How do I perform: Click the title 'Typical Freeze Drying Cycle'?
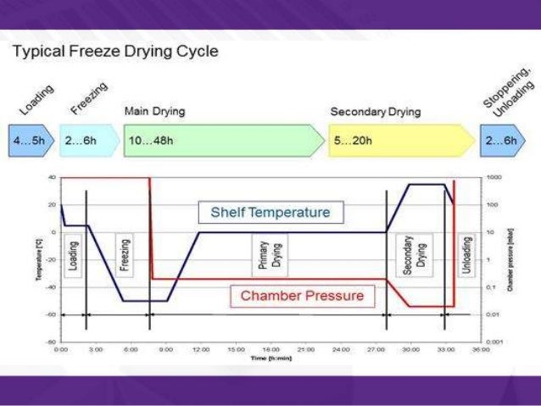click(115, 52)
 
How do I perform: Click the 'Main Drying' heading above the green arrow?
click(154, 111)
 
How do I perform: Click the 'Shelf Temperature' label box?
click(270, 211)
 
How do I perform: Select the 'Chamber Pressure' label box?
click(302, 296)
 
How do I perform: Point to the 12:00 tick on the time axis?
click(200, 348)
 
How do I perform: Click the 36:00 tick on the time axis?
click(479, 348)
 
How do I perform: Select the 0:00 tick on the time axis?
click(61, 348)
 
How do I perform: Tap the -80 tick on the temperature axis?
click(52, 342)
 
